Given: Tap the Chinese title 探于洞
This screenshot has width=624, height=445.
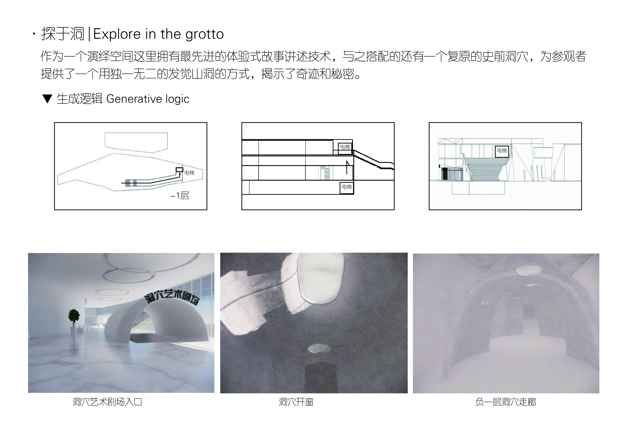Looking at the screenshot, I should (62, 34).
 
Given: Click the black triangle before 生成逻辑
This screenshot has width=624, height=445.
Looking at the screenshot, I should (47, 99).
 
